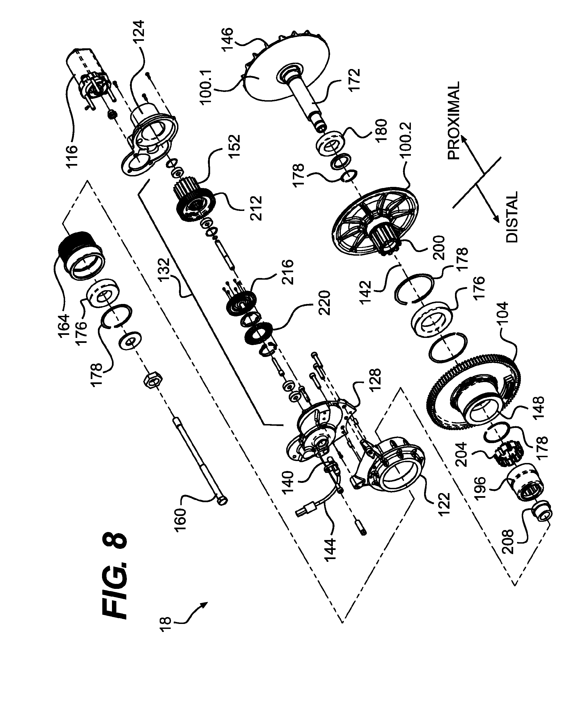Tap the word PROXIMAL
tap(454, 121)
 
